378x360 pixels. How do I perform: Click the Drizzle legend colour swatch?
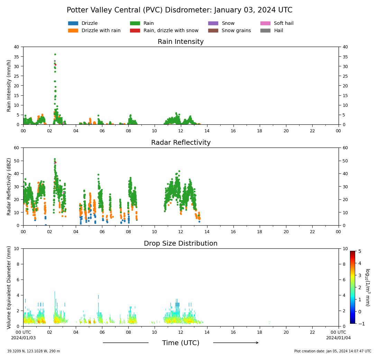[73, 23]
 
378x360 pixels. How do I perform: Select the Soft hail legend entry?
[265, 23]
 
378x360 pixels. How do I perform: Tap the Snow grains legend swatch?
[213, 31]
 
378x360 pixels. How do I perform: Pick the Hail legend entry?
[265, 31]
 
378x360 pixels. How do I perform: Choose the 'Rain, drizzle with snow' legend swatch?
[135, 31]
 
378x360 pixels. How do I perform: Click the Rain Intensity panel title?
[181, 42]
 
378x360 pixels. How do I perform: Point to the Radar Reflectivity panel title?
[181, 143]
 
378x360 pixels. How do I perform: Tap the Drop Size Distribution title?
[181, 244]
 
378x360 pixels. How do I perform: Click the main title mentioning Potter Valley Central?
[179, 10]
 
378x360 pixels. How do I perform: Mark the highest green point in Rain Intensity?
[55, 54]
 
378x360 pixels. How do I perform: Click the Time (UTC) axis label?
[181, 343]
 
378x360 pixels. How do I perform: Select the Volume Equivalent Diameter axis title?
[9, 287]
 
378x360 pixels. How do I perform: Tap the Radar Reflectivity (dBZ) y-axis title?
[9, 187]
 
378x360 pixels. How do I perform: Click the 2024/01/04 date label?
[338, 338]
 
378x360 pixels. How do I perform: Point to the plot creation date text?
[333, 351]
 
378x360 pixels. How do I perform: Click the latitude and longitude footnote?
[34, 351]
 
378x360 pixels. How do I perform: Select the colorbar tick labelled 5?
[359, 251]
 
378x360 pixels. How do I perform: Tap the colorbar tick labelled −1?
[359, 324]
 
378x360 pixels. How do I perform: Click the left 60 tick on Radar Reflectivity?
[17, 148]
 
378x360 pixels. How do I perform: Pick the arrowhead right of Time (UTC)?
[257, 343]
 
